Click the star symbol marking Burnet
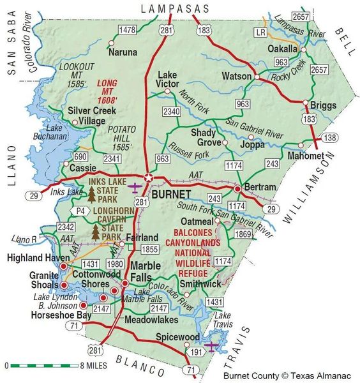click(149, 178)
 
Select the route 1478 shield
click(128, 30)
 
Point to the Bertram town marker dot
click(237, 189)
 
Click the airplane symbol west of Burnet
click(135, 188)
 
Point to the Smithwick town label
click(200, 283)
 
